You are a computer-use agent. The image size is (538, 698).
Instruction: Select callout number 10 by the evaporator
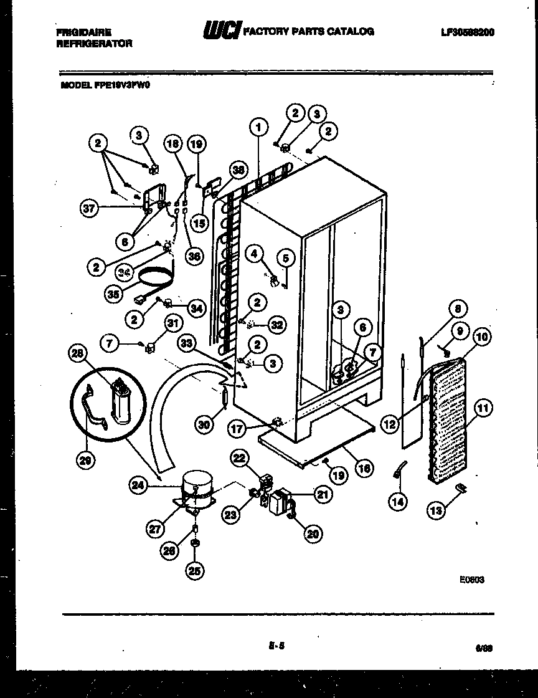click(482, 338)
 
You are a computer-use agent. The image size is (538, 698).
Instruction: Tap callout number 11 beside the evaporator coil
click(483, 409)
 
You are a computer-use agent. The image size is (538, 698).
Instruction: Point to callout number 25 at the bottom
click(195, 570)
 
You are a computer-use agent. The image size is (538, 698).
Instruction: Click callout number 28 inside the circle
click(77, 354)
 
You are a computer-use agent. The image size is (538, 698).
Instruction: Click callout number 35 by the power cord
click(113, 294)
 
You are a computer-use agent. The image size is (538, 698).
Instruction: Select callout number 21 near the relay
click(322, 495)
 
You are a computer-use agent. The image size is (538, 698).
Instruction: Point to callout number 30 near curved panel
click(205, 424)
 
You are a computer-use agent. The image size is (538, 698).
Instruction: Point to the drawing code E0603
click(472, 579)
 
